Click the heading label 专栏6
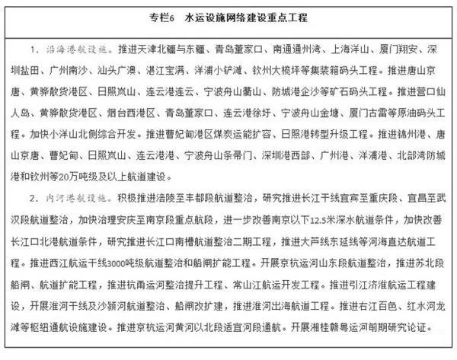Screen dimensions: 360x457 coord(152,16)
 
